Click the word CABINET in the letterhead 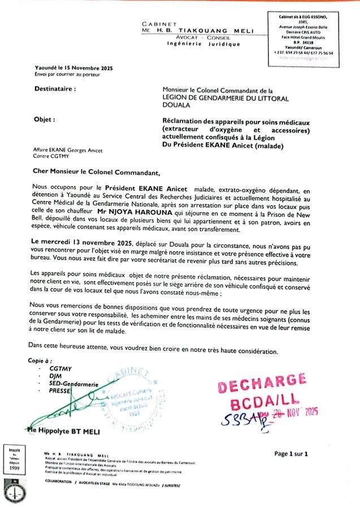(159, 24)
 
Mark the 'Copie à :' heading (40, 360)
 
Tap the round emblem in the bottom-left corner (14, 493)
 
